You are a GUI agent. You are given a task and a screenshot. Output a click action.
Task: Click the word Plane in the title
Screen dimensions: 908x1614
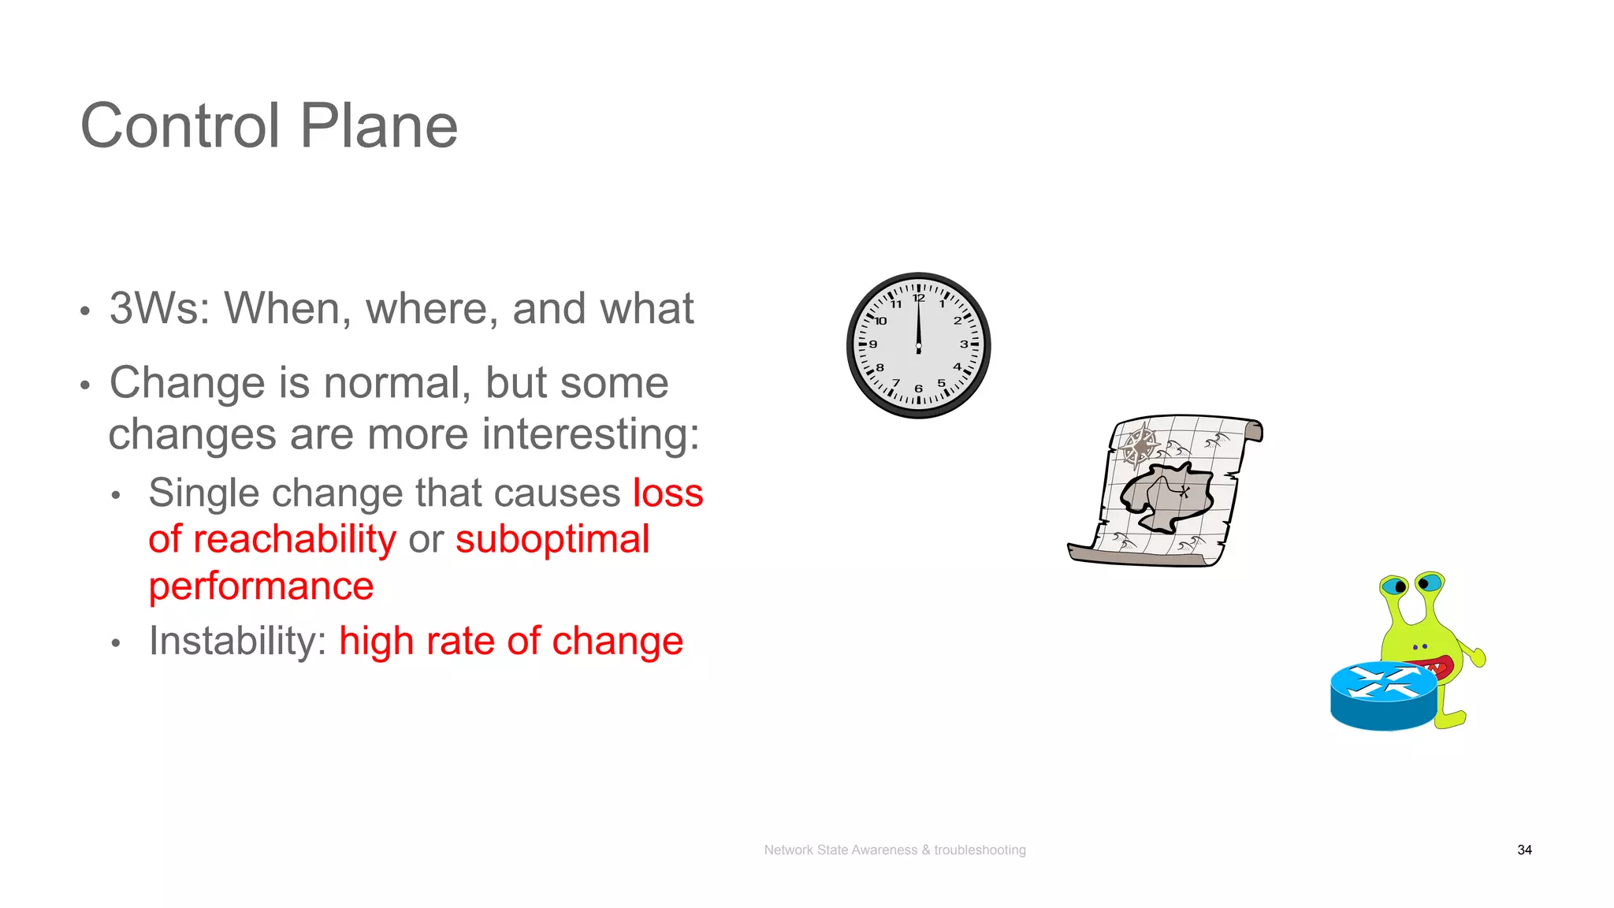(x=378, y=126)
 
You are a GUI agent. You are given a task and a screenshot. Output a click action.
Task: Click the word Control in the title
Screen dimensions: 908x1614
(x=180, y=126)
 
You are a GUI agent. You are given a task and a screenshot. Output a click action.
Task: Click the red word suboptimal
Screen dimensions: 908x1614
(x=552, y=540)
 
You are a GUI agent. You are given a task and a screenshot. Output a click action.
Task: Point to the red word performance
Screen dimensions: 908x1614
(x=261, y=586)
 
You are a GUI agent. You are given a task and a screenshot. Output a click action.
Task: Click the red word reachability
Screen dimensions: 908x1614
(x=294, y=540)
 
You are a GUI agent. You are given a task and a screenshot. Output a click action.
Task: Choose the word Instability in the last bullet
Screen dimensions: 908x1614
(x=236, y=641)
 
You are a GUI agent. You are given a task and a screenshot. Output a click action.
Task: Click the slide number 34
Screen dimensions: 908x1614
(x=1524, y=850)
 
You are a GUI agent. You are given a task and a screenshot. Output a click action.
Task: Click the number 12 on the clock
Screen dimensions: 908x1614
(x=918, y=298)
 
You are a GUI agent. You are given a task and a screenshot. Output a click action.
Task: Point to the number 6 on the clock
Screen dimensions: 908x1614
(x=918, y=389)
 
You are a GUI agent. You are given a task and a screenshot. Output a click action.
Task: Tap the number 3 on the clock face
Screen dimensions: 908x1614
(x=963, y=344)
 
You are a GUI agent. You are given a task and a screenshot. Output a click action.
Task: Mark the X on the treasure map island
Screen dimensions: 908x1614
(x=1184, y=492)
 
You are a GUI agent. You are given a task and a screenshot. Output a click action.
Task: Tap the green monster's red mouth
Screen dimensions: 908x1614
(x=1441, y=667)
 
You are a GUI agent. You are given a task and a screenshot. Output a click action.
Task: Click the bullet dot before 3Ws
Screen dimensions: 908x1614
(x=85, y=311)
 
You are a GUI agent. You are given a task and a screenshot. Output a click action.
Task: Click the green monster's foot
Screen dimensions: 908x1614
(x=1452, y=719)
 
